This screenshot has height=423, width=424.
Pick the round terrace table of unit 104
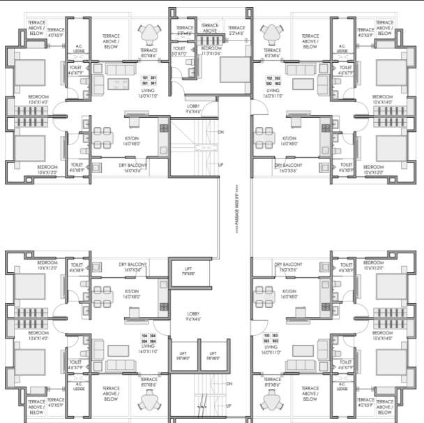pos(149,400)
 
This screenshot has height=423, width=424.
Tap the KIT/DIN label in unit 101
pos(132,139)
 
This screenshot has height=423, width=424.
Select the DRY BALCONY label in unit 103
pos(287,267)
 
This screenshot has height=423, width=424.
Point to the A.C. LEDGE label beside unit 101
pos(79,49)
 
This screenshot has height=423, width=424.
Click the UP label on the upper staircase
pos(221,165)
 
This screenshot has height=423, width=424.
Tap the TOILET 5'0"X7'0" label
pos(182,52)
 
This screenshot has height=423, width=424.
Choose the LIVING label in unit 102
pos(272,91)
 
